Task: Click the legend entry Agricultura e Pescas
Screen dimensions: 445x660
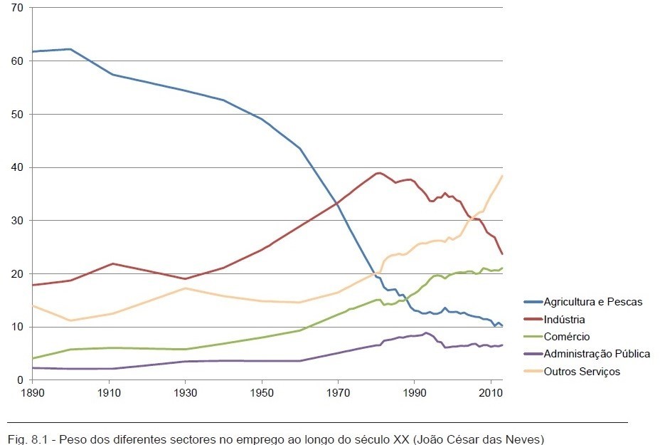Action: click(592, 302)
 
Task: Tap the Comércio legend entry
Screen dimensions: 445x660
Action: click(567, 337)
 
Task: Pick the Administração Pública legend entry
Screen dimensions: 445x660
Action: click(597, 354)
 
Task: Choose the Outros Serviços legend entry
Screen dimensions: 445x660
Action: click(582, 371)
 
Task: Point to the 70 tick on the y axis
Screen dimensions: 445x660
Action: click(17, 8)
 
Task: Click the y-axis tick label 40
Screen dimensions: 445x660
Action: click(17, 167)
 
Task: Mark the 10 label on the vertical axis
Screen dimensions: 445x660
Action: click(17, 327)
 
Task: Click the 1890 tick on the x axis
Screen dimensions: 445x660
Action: click(32, 393)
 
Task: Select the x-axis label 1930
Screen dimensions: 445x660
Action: click(185, 393)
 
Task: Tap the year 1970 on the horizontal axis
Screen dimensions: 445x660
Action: click(338, 393)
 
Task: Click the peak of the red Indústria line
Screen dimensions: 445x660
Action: click(378, 172)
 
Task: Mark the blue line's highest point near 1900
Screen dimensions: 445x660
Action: click(70, 49)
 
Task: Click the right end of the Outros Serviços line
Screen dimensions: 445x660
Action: click(503, 175)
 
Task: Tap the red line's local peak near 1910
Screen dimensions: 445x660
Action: click(112, 263)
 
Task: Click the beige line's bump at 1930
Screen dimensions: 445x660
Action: click(185, 288)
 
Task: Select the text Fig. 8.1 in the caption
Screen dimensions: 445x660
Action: click(26, 439)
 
